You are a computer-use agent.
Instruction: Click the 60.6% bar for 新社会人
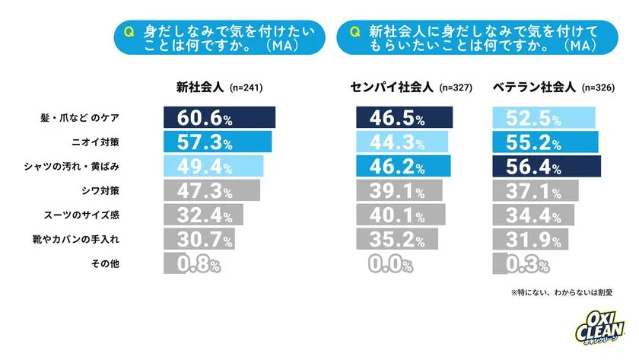219,118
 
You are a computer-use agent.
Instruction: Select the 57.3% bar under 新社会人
216,142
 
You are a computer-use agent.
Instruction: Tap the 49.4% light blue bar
212,167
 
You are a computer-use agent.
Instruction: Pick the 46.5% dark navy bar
404,118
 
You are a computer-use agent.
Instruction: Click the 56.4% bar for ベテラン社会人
545,167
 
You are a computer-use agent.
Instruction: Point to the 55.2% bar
543,142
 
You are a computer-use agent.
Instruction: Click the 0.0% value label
391,264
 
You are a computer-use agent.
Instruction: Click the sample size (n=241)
245,88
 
